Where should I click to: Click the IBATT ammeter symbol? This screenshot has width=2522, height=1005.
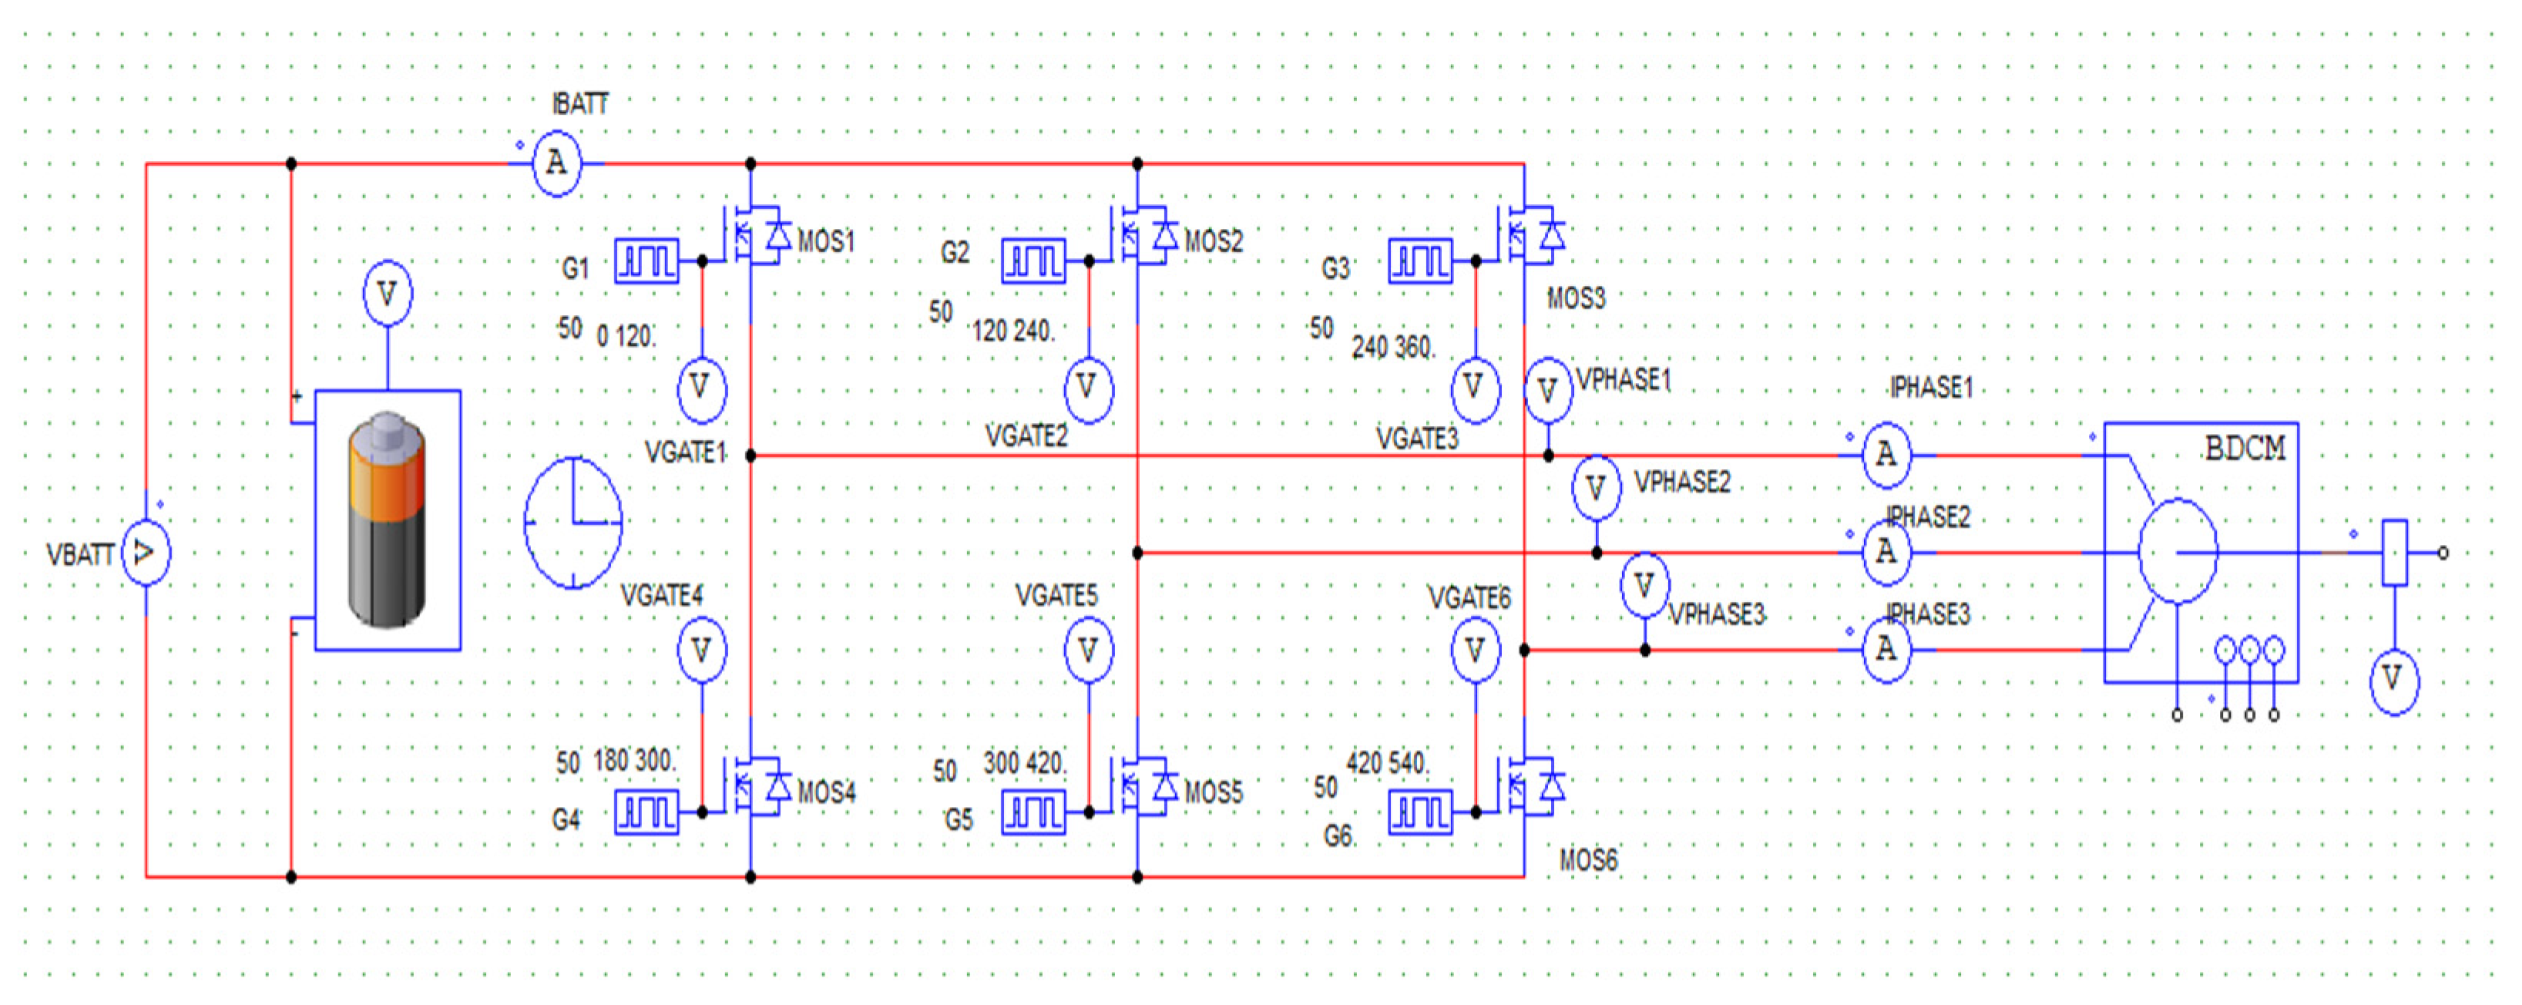[556, 163]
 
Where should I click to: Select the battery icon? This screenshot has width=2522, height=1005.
[387, 519]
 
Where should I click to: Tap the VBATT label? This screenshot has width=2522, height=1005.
[80, 554]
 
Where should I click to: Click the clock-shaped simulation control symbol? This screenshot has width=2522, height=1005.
[574, 522]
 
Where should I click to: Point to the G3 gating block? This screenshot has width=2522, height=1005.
[1419, 261]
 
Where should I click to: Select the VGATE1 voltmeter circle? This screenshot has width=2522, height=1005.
[701, 388]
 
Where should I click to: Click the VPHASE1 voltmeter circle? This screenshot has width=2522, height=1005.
[1548, 391]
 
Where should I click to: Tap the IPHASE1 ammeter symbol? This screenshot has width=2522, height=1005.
[1886, 455]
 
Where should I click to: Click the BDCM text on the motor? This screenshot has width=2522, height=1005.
[2244, 449]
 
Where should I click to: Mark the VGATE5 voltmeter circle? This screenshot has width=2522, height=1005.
[1088, 650]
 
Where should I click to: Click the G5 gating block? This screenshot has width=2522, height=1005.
[1033, 812]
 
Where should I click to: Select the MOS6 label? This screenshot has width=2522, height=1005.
[1588, 860]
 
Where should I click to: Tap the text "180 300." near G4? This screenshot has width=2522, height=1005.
[633, 760]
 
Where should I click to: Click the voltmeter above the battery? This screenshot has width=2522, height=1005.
[387, 293]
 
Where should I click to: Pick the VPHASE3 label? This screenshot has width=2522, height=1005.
[1716, 614]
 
